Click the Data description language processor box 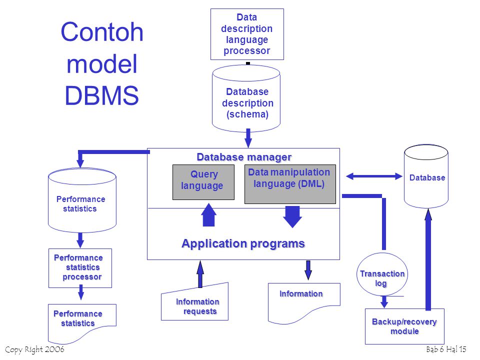(x=247, y=34)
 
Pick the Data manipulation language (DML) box (x=289, y=184)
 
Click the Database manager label (x=243, y=157)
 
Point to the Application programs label (x=243, y=244)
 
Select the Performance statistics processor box (x=80, y=268)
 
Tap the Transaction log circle (x=382, y=278)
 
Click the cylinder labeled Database (x=426, y=177)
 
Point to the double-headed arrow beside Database (x=374, y=176)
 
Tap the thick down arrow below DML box (x=292, y=216)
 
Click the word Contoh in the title (x=102, y=32)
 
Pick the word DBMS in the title (x=101, y=95)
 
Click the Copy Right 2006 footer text (x=34, y=349)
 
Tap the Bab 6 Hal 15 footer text (x=446, y=349)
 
